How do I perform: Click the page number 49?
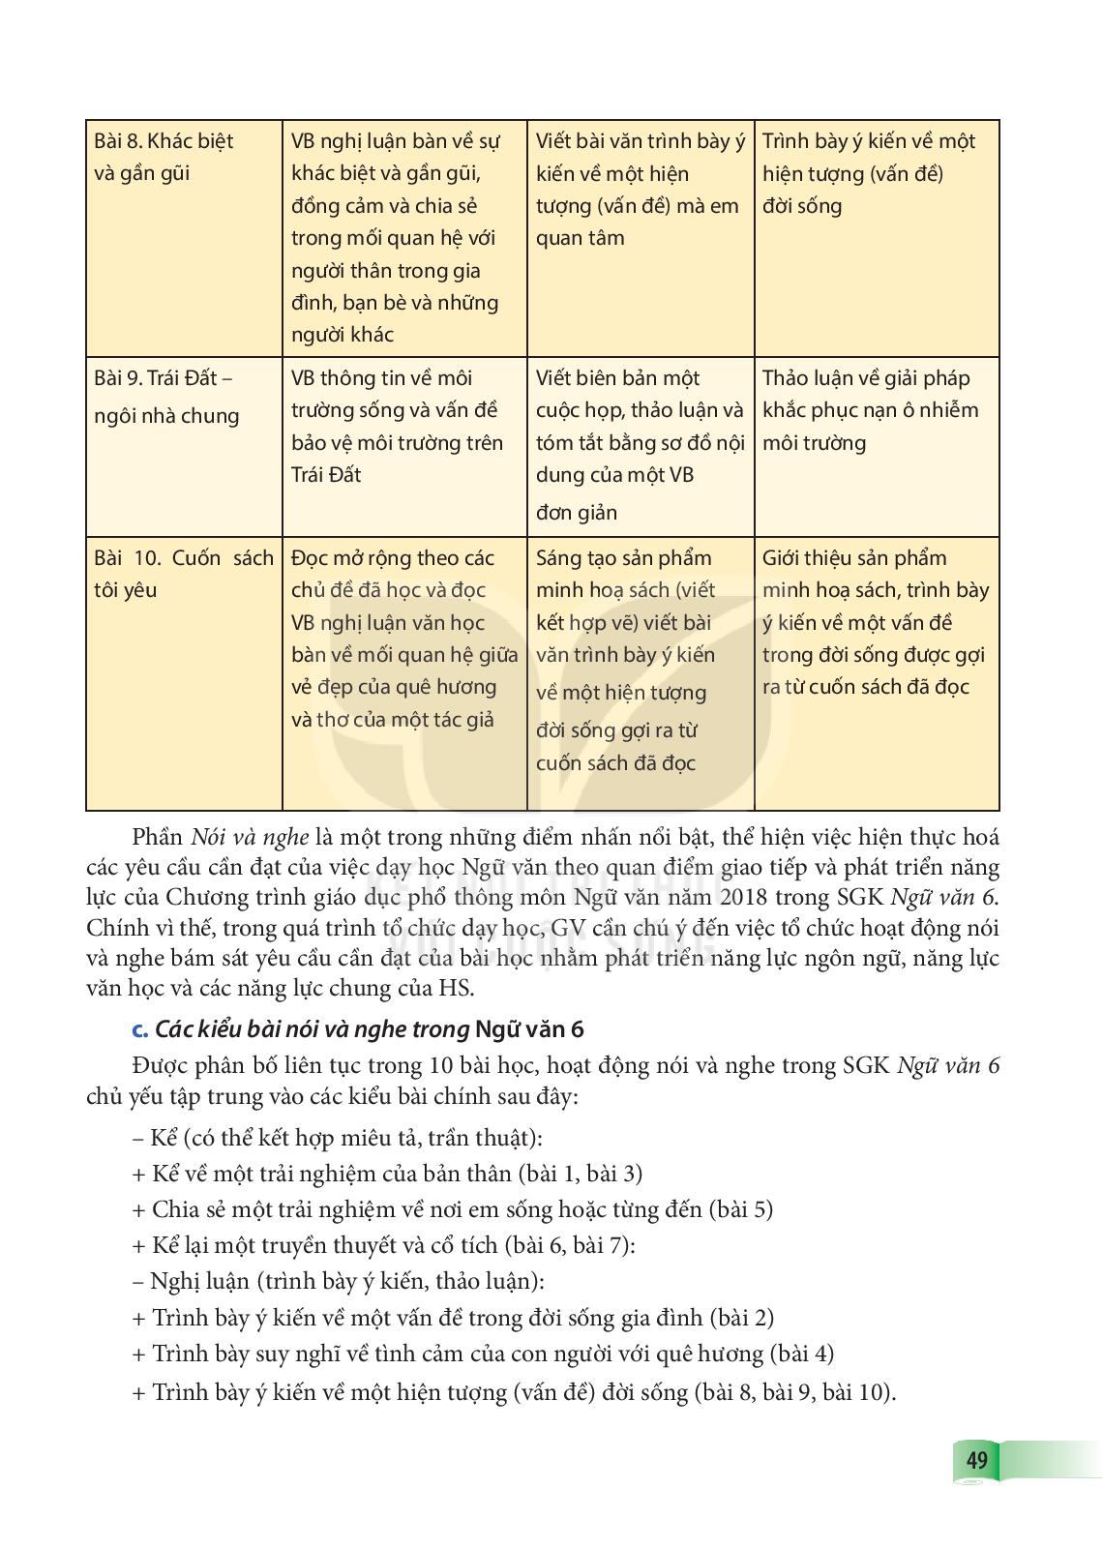(x=976, y=1459)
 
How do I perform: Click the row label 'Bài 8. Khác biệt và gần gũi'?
(x=164, y=157)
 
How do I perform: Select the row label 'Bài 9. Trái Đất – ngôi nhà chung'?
(x=166, y=397)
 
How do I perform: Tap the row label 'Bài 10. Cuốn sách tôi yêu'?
(x=183, y=574)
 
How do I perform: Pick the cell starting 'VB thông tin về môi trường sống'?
(x=397, y=426)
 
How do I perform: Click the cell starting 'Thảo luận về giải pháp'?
(x=870, y=410)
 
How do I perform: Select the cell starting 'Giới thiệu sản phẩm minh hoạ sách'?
(x=875, y=622)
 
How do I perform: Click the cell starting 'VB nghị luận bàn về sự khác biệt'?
(x=397, y=237)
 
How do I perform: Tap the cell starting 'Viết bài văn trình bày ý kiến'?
(x=640, y=190)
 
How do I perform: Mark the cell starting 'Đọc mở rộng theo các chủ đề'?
(x=403, y=639)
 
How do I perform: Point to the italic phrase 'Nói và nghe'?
(x=250, y=837)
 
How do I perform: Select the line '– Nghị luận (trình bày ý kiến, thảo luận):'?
(x=338, y=1282)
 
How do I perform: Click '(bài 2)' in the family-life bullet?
(x=741, y=1318)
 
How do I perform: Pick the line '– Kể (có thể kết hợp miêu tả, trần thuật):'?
(x=337, y=1138)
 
